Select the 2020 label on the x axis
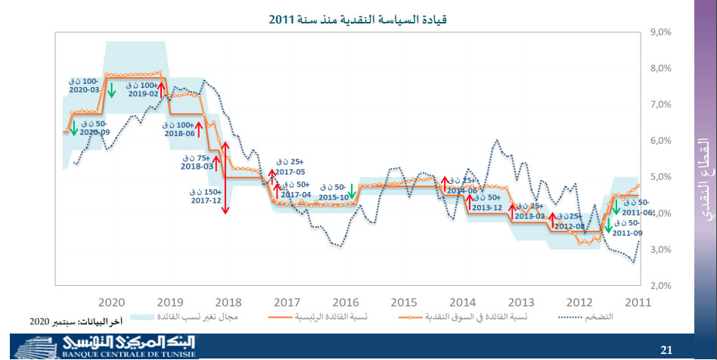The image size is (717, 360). coord(110,299)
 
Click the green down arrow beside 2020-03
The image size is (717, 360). coord(111,90)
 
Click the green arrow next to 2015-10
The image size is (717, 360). coord(351,191)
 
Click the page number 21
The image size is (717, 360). coord(666,349)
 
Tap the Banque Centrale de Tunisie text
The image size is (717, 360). coord(129,352)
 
